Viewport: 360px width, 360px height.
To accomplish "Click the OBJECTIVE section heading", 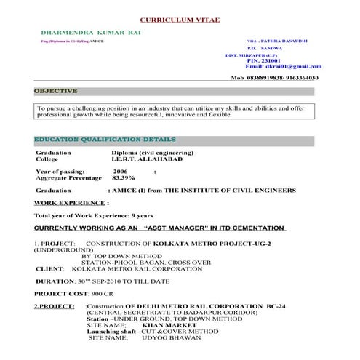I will [x=55, y=92].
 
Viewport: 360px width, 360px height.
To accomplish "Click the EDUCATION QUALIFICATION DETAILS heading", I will [x=105, y=139].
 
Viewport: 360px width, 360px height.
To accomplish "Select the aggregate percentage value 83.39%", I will [x=124, y=177].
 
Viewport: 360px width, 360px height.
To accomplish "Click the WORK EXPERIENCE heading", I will [x=71, y=203].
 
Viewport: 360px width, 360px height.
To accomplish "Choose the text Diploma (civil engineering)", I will [x=152, y=153].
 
